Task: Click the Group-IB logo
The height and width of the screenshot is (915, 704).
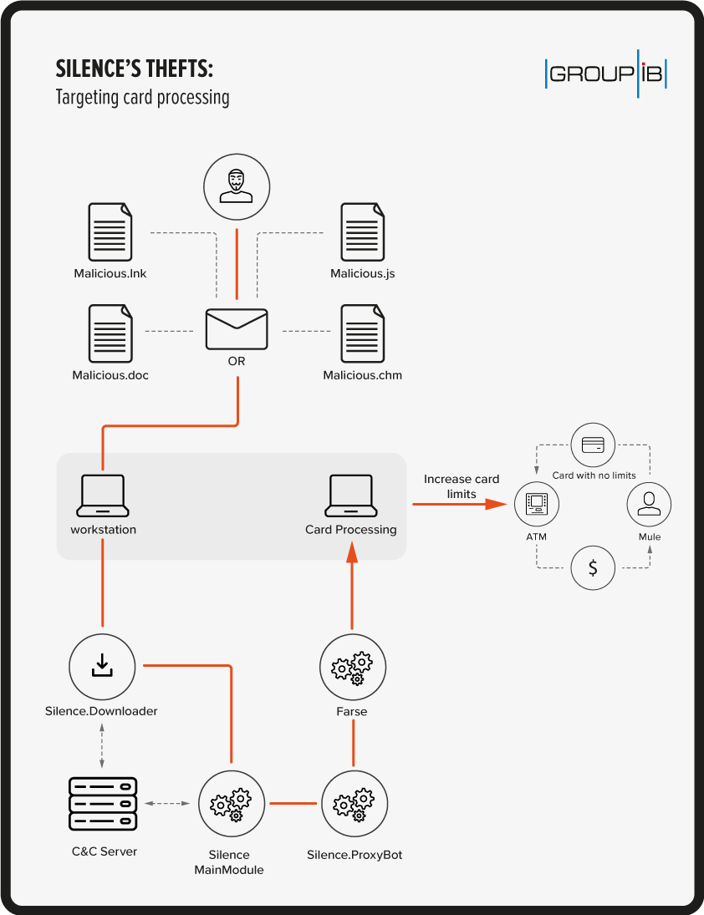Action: pyautogui.click(x=605, y=74)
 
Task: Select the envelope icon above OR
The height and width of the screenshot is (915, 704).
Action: pyautogui.click(x=237, y=329)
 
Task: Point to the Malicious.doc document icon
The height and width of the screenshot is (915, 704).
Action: pyautogui.click(x=110, y=333)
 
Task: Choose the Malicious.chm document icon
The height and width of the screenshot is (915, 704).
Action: pyautogui.click(x=362, y=333)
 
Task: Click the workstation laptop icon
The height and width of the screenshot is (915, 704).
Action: pyautogui.click(x=103, y=495)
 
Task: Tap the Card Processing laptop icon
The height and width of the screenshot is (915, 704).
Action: pyautogui.click(x=350, y=495)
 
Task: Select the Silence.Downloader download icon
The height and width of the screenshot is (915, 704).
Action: pyautogui.click(x=102, y=666)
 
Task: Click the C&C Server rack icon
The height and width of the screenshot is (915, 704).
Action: pyautogui.click(x=102, y=805)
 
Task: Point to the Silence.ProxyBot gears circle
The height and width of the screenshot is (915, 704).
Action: pyautogui.click(x=354, y=804)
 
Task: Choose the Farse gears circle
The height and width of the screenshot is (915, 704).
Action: pyautogui.click(x=353, y=666)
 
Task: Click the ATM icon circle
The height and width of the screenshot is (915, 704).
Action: pyautogui.click(x=536, y=504)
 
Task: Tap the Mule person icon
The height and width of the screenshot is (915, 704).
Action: pyautogui.click(x=649, y=504)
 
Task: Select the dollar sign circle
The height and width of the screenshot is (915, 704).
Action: pyautogui.click(x=593, y=568)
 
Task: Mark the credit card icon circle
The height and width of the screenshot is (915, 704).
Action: pyautogui.click(x=593, y=445)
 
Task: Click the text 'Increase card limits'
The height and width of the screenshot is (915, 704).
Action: pyautogui.click(x=462, y=486)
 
